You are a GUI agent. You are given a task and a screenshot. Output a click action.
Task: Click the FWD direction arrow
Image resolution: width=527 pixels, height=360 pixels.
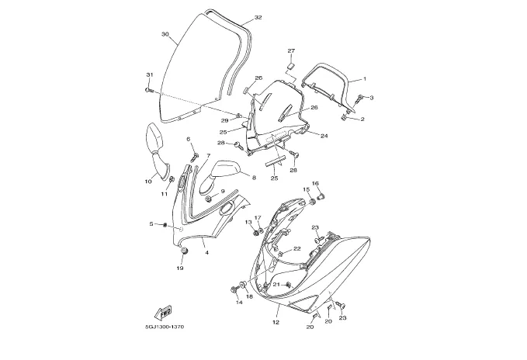163,313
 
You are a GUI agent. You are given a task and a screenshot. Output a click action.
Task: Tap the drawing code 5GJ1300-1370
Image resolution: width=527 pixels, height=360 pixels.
163,327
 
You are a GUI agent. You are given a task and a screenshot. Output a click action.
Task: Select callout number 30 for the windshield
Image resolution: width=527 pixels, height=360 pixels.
165,34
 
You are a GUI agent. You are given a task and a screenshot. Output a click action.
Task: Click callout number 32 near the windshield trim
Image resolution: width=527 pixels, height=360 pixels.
258,18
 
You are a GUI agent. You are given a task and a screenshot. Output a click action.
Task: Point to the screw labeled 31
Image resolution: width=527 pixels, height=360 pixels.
149,90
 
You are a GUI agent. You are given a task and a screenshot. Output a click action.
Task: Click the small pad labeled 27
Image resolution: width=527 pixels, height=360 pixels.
291,64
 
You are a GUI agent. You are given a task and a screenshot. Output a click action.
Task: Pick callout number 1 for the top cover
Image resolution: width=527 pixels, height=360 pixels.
365,79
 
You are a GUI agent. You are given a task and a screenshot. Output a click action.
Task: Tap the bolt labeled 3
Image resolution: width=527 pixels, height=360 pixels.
359,99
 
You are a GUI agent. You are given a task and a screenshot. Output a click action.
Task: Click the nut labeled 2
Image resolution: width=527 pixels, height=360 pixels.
344,117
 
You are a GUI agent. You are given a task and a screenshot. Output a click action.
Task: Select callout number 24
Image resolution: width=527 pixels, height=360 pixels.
324,136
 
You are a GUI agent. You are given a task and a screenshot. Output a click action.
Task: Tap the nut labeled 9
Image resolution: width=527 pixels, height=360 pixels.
208,199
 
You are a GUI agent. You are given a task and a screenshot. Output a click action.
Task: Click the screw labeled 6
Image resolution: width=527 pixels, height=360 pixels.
196,156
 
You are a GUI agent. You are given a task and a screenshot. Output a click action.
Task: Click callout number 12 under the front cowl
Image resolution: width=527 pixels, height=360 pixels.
276,323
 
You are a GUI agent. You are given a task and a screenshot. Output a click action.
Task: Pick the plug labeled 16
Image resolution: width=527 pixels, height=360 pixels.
321,195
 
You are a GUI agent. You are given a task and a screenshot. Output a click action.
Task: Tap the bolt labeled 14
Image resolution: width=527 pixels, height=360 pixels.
234,289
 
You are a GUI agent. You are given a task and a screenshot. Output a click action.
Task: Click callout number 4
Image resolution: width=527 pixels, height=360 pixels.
206,252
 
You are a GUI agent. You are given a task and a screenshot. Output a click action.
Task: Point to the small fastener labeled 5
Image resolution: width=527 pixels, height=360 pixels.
165,224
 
